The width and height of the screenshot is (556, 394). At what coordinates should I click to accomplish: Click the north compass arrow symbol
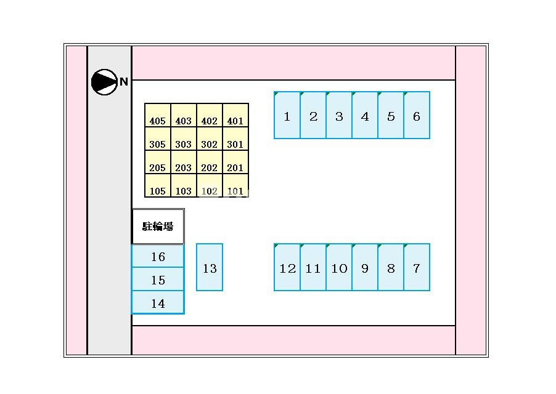(x=104, y=82)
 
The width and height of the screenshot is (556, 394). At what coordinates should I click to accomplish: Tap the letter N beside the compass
(x=123, y=82)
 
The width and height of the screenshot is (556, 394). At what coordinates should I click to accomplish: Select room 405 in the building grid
(x=158, y=115)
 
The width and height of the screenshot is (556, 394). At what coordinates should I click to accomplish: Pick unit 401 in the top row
(x=235, y=115)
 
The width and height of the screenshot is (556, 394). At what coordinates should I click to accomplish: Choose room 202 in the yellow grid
(x=210, y=162)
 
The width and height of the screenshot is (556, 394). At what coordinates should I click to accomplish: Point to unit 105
(x=158, y=185)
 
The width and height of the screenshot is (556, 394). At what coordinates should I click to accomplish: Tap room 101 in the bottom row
(x=235, y=185)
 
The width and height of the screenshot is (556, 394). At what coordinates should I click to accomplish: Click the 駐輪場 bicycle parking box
(x=158, y=226)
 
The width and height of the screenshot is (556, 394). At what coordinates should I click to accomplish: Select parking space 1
(x=287, y=115)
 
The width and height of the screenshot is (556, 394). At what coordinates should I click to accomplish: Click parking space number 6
(x=417, y=115)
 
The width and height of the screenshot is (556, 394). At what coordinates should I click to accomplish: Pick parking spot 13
(x=210, y=267)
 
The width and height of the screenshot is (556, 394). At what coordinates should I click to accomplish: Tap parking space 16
(x=158, y=256)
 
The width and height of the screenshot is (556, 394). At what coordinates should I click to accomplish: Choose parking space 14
(x=158, y=303)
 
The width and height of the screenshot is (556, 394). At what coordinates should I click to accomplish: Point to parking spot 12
(x=287, y=267)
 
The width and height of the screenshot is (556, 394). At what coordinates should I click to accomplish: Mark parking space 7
(x=417, y=267)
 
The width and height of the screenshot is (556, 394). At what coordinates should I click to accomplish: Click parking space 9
(x=365, y=267)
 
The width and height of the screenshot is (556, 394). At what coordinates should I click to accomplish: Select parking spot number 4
(x=365, y=115)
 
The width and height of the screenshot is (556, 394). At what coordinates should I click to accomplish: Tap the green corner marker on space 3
(x=328, y=94)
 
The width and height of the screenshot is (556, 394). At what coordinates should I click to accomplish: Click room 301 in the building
(x=235, y=139)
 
